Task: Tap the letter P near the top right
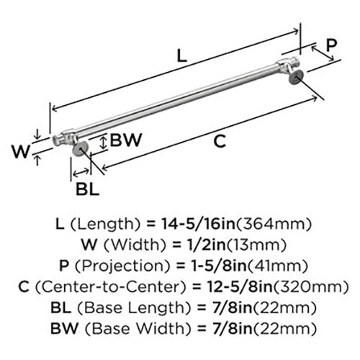coord(330,45)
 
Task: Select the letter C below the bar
coord(221,142)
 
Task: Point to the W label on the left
coord(21,152)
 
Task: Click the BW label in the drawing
coord(124,142)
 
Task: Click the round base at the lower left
coord(79,150)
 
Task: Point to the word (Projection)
coord(122,265)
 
